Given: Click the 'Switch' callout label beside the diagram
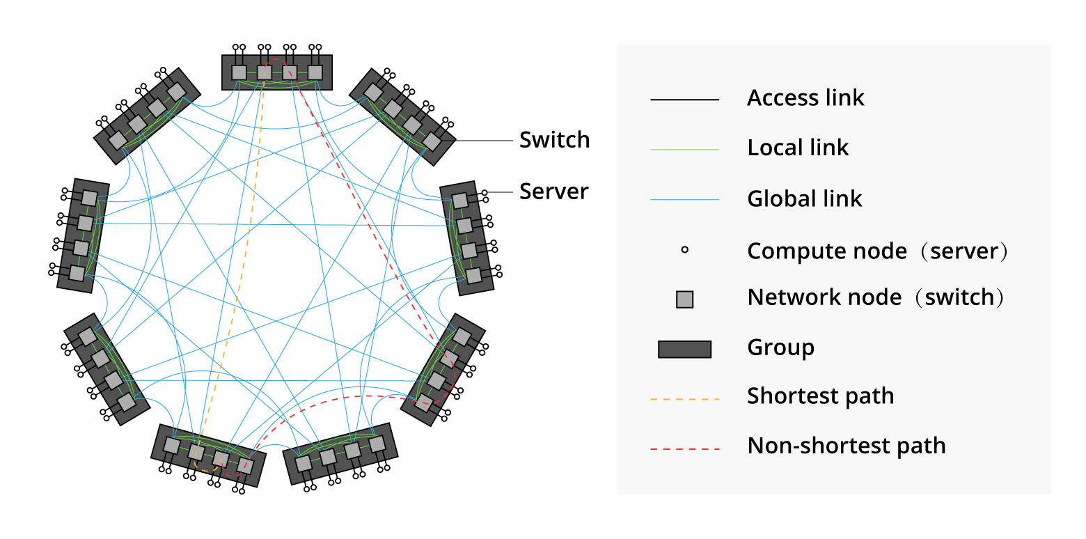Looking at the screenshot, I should [x=554, y=140].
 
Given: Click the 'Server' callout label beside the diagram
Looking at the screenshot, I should [x=554, y=192].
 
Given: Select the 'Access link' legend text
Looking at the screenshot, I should [x=805, y=98].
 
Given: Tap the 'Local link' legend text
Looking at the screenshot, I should [x=798, y=148].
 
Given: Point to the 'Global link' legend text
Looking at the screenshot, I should [x=805, y=199].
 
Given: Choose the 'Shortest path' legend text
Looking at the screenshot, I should [x=820, y=396].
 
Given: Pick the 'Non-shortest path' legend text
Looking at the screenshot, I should [x=846, y=446].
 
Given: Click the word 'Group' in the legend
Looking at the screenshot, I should [x=780, y=347].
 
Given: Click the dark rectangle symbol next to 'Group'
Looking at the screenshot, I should [x=684, y=349].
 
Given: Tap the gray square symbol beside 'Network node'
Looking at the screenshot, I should [x=685, y=299].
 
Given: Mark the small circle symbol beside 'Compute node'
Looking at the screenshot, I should [x=685, y=249].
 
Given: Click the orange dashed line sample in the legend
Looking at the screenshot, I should [x=684, y=400].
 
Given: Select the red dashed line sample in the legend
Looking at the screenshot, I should [x=684, y=449].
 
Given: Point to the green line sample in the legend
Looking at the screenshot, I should [x=684, y=150].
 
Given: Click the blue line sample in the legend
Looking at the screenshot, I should [x=684, y=201].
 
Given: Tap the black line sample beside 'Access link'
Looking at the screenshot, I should [x=684, y=100].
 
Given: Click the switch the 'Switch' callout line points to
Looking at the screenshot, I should [x=432, y=141].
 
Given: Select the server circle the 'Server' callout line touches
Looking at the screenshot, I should [x=484, y=192].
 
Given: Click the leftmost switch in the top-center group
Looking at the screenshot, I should [x=239, y=72].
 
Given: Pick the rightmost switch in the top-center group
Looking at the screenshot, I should [x=315, y=72].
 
